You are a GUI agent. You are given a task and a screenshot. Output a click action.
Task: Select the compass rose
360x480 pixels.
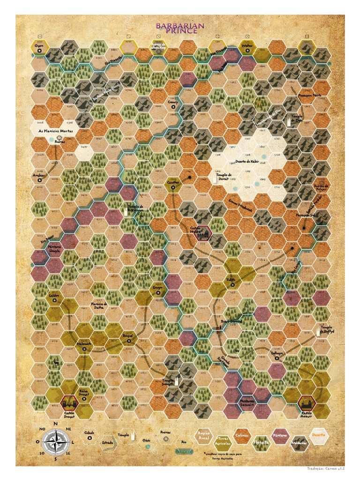[55, 442]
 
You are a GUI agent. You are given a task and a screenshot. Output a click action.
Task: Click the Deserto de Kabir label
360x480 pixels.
[247, 161]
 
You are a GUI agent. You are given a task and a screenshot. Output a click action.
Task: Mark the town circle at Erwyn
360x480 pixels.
[158, 292]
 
